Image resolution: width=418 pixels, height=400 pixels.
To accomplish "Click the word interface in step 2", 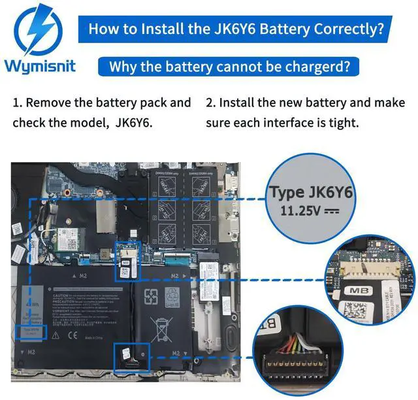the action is [303, 123].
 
